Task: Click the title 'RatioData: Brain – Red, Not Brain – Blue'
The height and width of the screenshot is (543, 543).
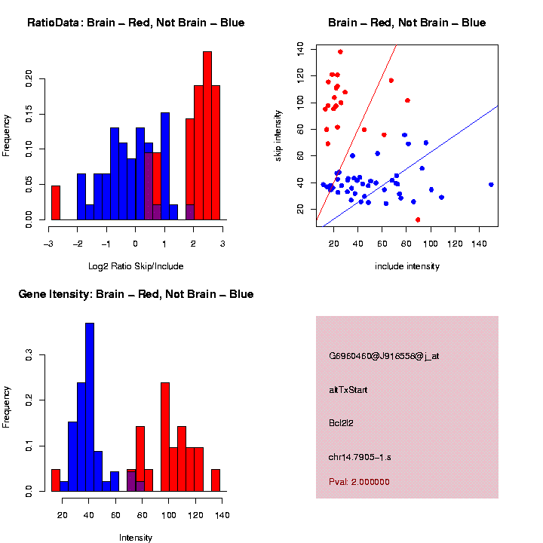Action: [x=136, y=23]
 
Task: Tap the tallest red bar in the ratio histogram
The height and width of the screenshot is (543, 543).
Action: [x=207, y=136]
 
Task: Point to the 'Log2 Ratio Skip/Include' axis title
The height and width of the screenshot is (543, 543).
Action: [x=136, y=266]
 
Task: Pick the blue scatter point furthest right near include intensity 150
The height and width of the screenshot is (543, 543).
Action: [x=491, y=184]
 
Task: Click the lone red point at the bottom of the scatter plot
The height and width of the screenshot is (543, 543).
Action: [x=418, y=219]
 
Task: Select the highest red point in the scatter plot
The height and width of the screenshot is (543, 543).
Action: [x=340, y=52]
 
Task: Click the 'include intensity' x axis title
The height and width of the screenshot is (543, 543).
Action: [x=407, y=266]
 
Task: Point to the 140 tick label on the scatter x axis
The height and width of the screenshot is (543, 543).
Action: [x=479, y=244]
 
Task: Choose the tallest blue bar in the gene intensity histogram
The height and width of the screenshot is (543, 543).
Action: [x=90, y=407]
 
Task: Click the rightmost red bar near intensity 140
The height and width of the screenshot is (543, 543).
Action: [x=216, y=480]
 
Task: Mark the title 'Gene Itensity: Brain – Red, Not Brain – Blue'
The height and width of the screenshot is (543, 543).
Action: [x=136, y=294]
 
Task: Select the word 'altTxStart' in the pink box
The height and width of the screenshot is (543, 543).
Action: [x=348, y=390]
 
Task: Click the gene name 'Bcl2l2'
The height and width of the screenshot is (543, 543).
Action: [x=341, y=423]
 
